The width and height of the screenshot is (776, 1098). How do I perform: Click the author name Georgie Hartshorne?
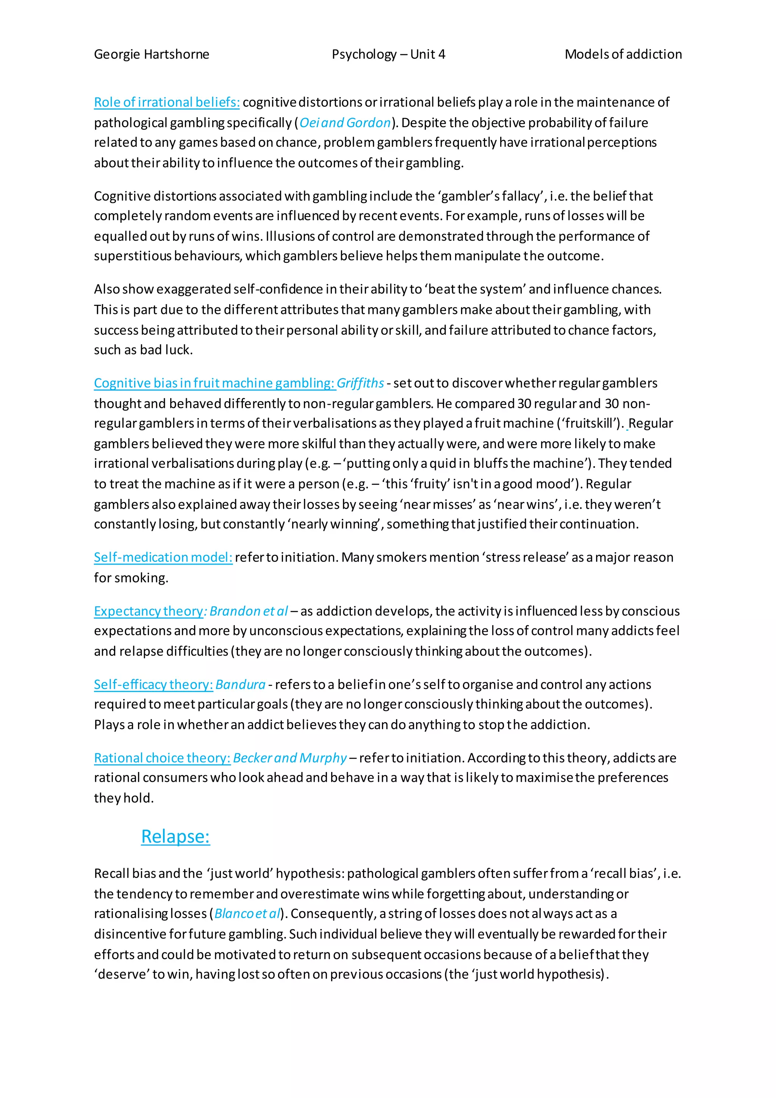coord(152,55)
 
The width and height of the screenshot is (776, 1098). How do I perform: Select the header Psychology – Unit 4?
coord(388,55)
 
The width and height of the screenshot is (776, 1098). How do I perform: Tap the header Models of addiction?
coord(623,55)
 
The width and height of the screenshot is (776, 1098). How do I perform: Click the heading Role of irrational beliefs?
coord(166,102)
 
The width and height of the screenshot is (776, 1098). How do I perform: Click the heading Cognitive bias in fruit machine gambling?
coord(214,383)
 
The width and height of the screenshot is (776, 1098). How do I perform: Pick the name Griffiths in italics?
coord(360,383)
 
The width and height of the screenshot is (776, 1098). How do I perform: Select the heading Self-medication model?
coord(163,558)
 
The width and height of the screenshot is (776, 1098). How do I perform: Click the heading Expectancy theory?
coord(149,611)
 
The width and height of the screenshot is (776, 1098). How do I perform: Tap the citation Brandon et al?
coord(249,611)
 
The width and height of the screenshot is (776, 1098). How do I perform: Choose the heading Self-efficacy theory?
coord(153,685)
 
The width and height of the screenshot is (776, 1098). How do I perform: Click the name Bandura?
coord(240,685)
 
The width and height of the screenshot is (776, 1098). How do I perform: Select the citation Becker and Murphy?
coord(289,758)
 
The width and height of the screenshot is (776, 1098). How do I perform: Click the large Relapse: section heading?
coord(175,836)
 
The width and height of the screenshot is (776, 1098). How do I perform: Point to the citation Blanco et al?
coord(247,914)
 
